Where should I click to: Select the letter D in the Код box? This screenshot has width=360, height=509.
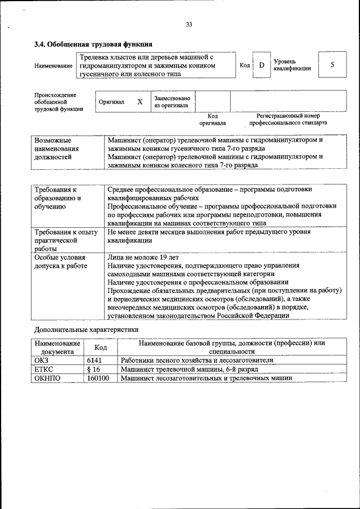[x=261, y=65]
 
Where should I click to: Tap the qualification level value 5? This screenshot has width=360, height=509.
[x=332, y=65]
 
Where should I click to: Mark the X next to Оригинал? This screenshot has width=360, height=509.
[x=139, y=102]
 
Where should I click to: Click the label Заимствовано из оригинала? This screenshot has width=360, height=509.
[x=172, y=102]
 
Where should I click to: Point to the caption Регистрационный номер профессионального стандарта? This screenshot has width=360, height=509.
[x=288, y=119]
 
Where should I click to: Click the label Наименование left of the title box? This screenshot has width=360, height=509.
[x=53, y=66]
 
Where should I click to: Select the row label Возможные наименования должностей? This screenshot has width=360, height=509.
[x=57, y=148]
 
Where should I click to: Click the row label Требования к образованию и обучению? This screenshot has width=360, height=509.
[x=58, y=198]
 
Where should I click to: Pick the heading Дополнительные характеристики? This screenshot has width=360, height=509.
[x=85, y=329]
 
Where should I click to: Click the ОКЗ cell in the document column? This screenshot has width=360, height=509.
[x=43, y=360]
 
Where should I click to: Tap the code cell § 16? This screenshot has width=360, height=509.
[x=93, y=370]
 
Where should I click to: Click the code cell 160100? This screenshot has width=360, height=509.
[x=98, y=379]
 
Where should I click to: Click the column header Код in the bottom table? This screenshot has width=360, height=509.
[x=100, y=347]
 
